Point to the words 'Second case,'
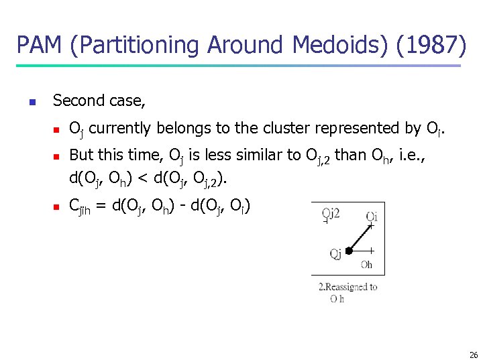99,101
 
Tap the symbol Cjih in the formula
81,207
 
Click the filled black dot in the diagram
349,251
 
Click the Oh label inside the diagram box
366,265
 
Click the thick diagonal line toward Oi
361,237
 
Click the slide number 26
474,355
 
